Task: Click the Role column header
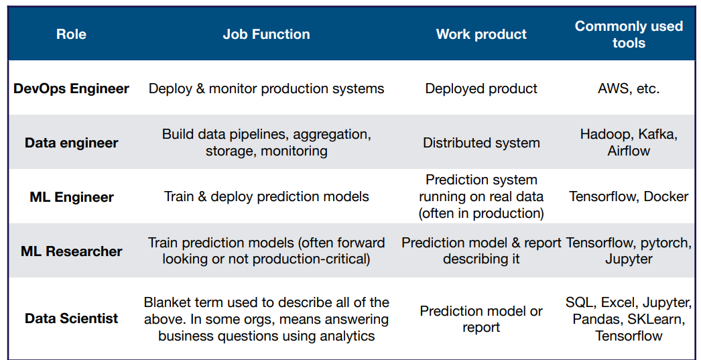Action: tap(72, 34)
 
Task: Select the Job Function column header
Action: tap(267, 34)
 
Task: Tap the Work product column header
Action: tap(481, 34)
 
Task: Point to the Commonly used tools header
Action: tap(629, 34)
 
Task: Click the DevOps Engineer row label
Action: tap(72, 88)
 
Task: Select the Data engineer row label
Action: tap(72, 143)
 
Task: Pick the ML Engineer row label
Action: tap(72, 197)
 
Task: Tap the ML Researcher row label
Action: tap(72, 251)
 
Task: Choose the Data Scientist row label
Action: tap(72, 318)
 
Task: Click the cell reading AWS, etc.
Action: tap(629, 88)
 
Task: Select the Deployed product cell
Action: tap(481, 88)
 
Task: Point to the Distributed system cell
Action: tap(481, 143)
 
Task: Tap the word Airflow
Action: tap(629, 151)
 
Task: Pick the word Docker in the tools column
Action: tap(666, 196)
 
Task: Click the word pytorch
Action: tap(667, 243)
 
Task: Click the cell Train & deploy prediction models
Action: tap(267, 197)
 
